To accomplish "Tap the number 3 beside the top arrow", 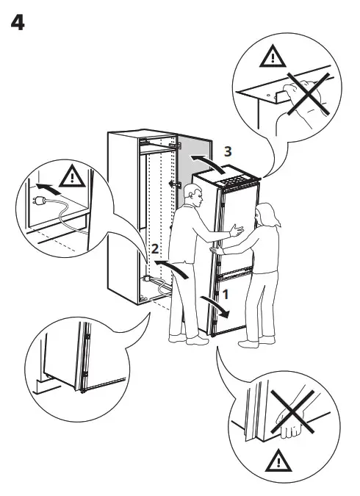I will click(228, 151).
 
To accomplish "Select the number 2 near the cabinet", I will click(154, 249).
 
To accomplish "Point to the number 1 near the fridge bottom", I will click(226, 293).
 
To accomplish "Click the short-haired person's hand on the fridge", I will click(236, 231).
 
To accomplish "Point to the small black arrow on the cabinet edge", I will click(173, 184).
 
